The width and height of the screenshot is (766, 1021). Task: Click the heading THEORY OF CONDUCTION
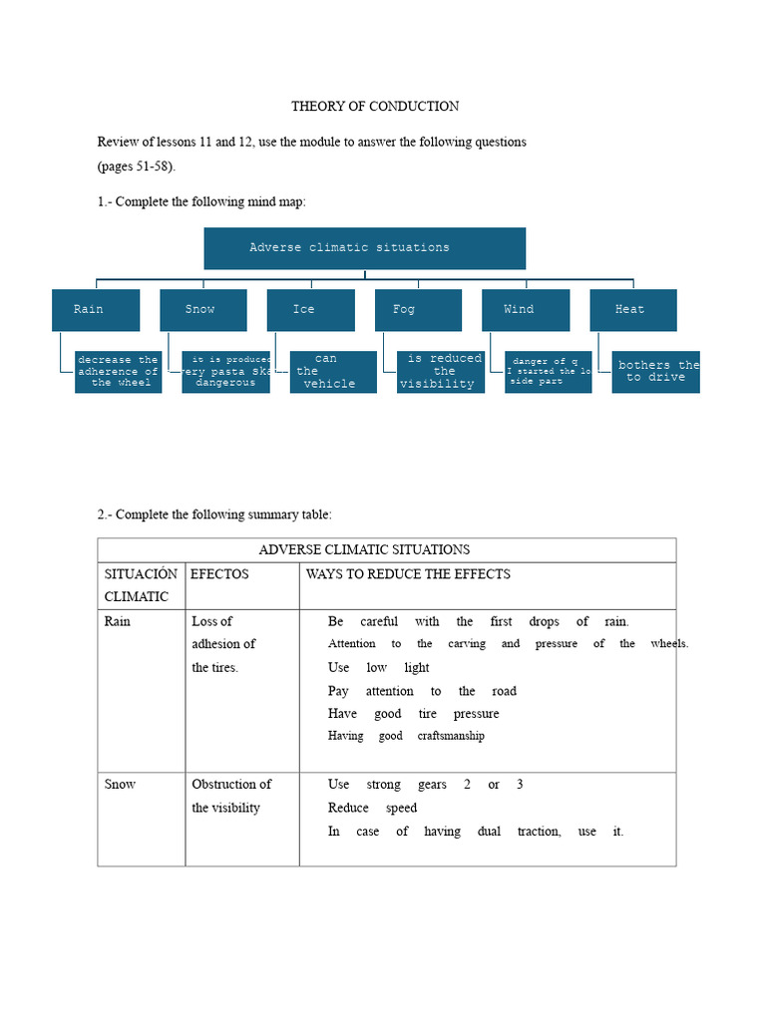tap(375, 106)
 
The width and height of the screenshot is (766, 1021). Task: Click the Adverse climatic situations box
tap(364, 248)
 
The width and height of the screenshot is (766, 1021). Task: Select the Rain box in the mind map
tap(95, 310)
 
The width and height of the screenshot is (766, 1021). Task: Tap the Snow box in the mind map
tap(202, 310)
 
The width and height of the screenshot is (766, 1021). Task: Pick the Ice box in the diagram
tap(310, 310)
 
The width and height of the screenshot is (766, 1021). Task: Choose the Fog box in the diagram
tap(418, 310)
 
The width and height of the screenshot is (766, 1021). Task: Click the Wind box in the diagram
tap(526, 310)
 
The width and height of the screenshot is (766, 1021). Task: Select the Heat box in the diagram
tap(633, 310)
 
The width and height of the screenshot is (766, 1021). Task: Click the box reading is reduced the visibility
tap(441, 372)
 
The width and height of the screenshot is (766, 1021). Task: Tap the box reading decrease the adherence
tap(118, 372)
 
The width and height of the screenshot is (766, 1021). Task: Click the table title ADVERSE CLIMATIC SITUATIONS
tap(364, 549)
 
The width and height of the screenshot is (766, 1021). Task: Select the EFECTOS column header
tap(219, 574)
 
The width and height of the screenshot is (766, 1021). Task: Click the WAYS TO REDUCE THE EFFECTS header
tap(408, 574)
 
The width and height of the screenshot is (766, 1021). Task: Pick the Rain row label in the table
tap(118, 621)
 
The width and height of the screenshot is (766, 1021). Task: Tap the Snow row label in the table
tap(120, 785)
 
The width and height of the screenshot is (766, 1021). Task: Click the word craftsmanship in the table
tap(451, 736)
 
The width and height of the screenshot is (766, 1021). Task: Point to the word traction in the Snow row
tap(539, 832)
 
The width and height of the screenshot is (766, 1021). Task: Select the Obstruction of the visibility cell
tap(230, 796)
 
